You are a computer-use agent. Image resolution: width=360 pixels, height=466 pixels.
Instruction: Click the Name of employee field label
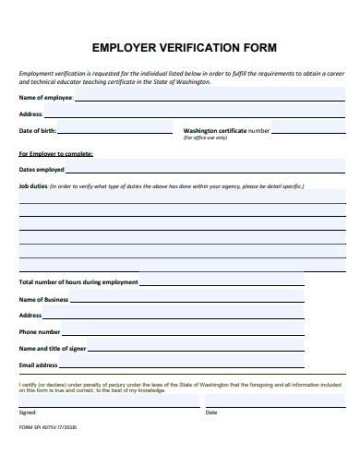coord(46,97)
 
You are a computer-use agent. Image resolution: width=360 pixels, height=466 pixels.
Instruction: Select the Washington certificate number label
coord(226,131)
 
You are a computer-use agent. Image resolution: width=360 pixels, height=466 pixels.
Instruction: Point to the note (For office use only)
coord(205,137)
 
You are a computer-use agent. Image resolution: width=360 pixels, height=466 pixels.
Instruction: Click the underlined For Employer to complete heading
coord(56,154)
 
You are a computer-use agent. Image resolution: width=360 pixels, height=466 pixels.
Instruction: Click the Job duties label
coord(33,185)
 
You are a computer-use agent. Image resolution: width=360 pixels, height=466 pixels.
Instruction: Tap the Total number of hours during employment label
coord(78,282)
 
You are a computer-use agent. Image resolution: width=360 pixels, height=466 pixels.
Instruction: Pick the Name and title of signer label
coord(53,349)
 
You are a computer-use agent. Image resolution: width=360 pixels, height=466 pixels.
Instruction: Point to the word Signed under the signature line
coord(27,412)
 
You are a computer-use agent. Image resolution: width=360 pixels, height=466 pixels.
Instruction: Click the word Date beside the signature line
coord(211,412)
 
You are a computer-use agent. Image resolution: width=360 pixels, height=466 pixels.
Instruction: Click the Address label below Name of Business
coord(30,316)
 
